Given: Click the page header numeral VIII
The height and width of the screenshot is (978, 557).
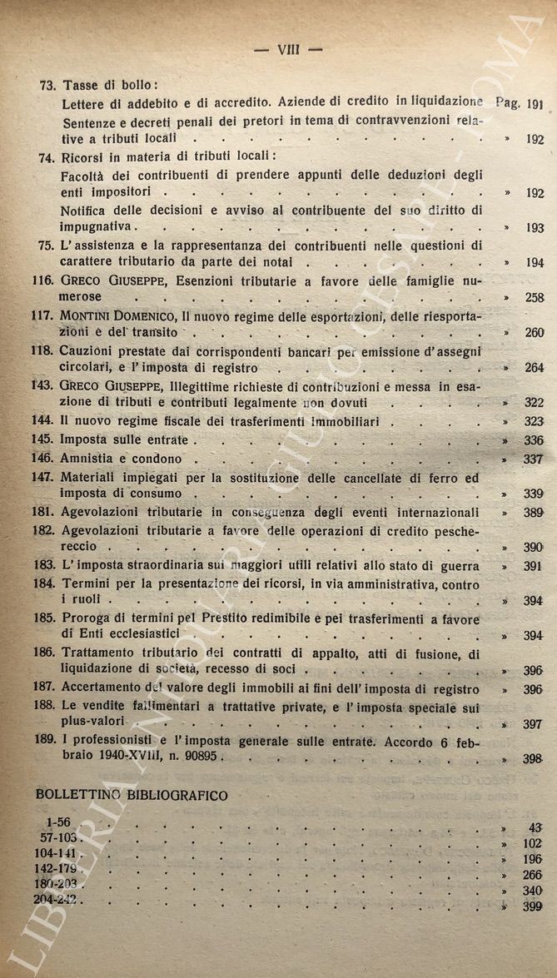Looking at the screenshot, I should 287,49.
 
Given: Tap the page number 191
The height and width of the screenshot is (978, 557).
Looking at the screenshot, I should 535,104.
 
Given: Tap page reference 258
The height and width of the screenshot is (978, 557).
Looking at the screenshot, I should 534,298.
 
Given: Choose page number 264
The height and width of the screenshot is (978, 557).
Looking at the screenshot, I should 534,368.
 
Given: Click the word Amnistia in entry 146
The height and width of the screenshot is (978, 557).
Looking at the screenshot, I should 89,459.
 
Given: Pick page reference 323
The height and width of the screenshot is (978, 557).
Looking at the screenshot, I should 534,422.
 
